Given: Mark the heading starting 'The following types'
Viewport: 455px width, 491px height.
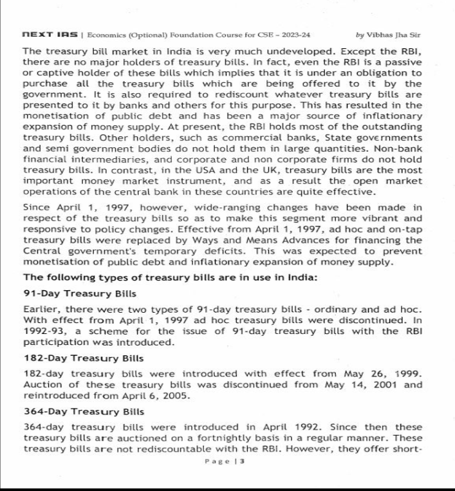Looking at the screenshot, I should click(x=164, y=278).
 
